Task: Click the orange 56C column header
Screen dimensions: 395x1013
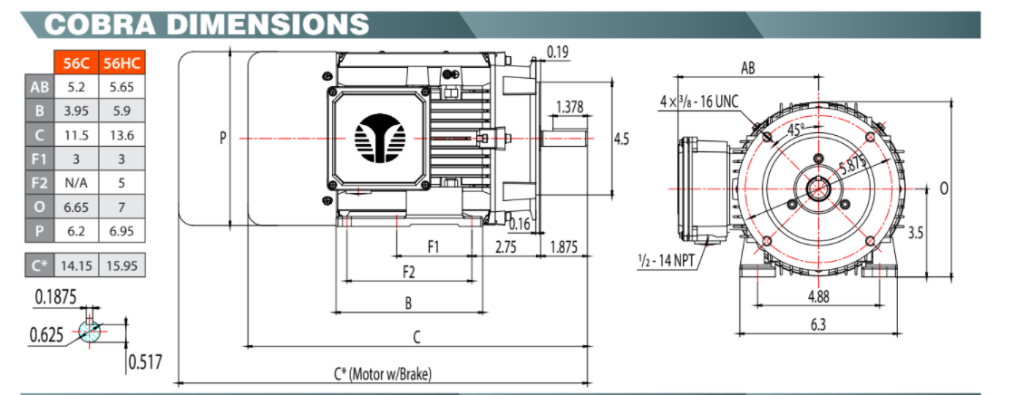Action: pos(75,64)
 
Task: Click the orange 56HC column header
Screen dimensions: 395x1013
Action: pos(121,64)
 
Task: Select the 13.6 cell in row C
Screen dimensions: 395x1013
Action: pos(121,135)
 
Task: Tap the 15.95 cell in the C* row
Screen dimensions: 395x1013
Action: pos(121,266)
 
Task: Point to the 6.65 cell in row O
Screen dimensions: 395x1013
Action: pos(75,207)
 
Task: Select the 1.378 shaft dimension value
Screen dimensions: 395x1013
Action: pos(569,107)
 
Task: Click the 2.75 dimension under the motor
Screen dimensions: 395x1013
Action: pos(506,246)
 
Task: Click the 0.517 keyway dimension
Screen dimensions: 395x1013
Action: pos(145,362)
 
